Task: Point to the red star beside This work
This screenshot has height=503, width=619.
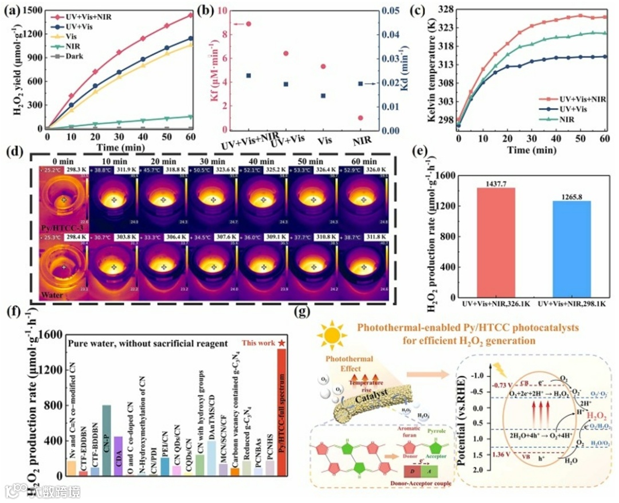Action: click(x=282, y=343)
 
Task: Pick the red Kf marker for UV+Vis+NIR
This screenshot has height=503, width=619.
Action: click(x=248, y=24)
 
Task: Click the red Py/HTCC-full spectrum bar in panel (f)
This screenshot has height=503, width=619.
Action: click(x=281, y=413)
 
